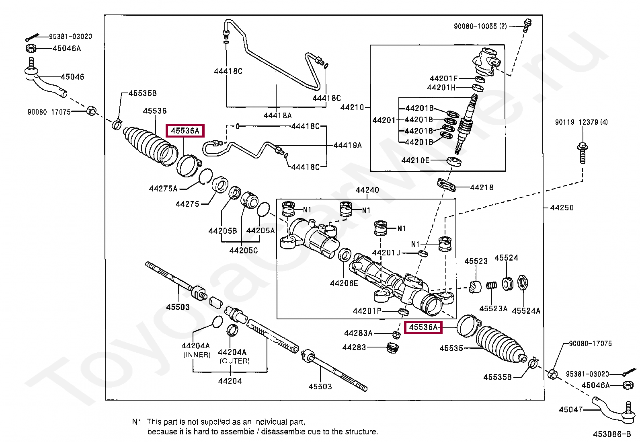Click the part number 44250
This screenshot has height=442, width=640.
click(562, 208)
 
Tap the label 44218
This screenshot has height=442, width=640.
click(482, 187)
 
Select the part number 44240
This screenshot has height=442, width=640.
click(367, 190)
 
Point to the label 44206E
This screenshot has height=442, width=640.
click(344, 283)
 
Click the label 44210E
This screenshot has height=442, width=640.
click(415, 160)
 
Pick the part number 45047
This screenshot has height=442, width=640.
click(570, 409)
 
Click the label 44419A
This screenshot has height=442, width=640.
click(348, 145)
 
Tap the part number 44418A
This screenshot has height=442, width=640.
click(277, 115)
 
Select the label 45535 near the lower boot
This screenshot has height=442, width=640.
click(451, 348)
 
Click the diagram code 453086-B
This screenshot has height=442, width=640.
click(612, 434)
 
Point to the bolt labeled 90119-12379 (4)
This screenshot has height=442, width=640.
click(583, 153)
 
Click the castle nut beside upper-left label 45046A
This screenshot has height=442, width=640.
click(31, 48)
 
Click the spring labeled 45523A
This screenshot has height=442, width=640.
click(491, 285)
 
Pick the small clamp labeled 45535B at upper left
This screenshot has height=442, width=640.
click(117, 124)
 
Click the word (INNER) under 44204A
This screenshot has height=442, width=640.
click(197, 355)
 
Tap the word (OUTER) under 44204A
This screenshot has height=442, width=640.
click(234, 361)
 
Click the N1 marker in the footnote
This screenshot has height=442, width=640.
click(137, 422)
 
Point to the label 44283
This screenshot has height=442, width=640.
click(354, 347)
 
